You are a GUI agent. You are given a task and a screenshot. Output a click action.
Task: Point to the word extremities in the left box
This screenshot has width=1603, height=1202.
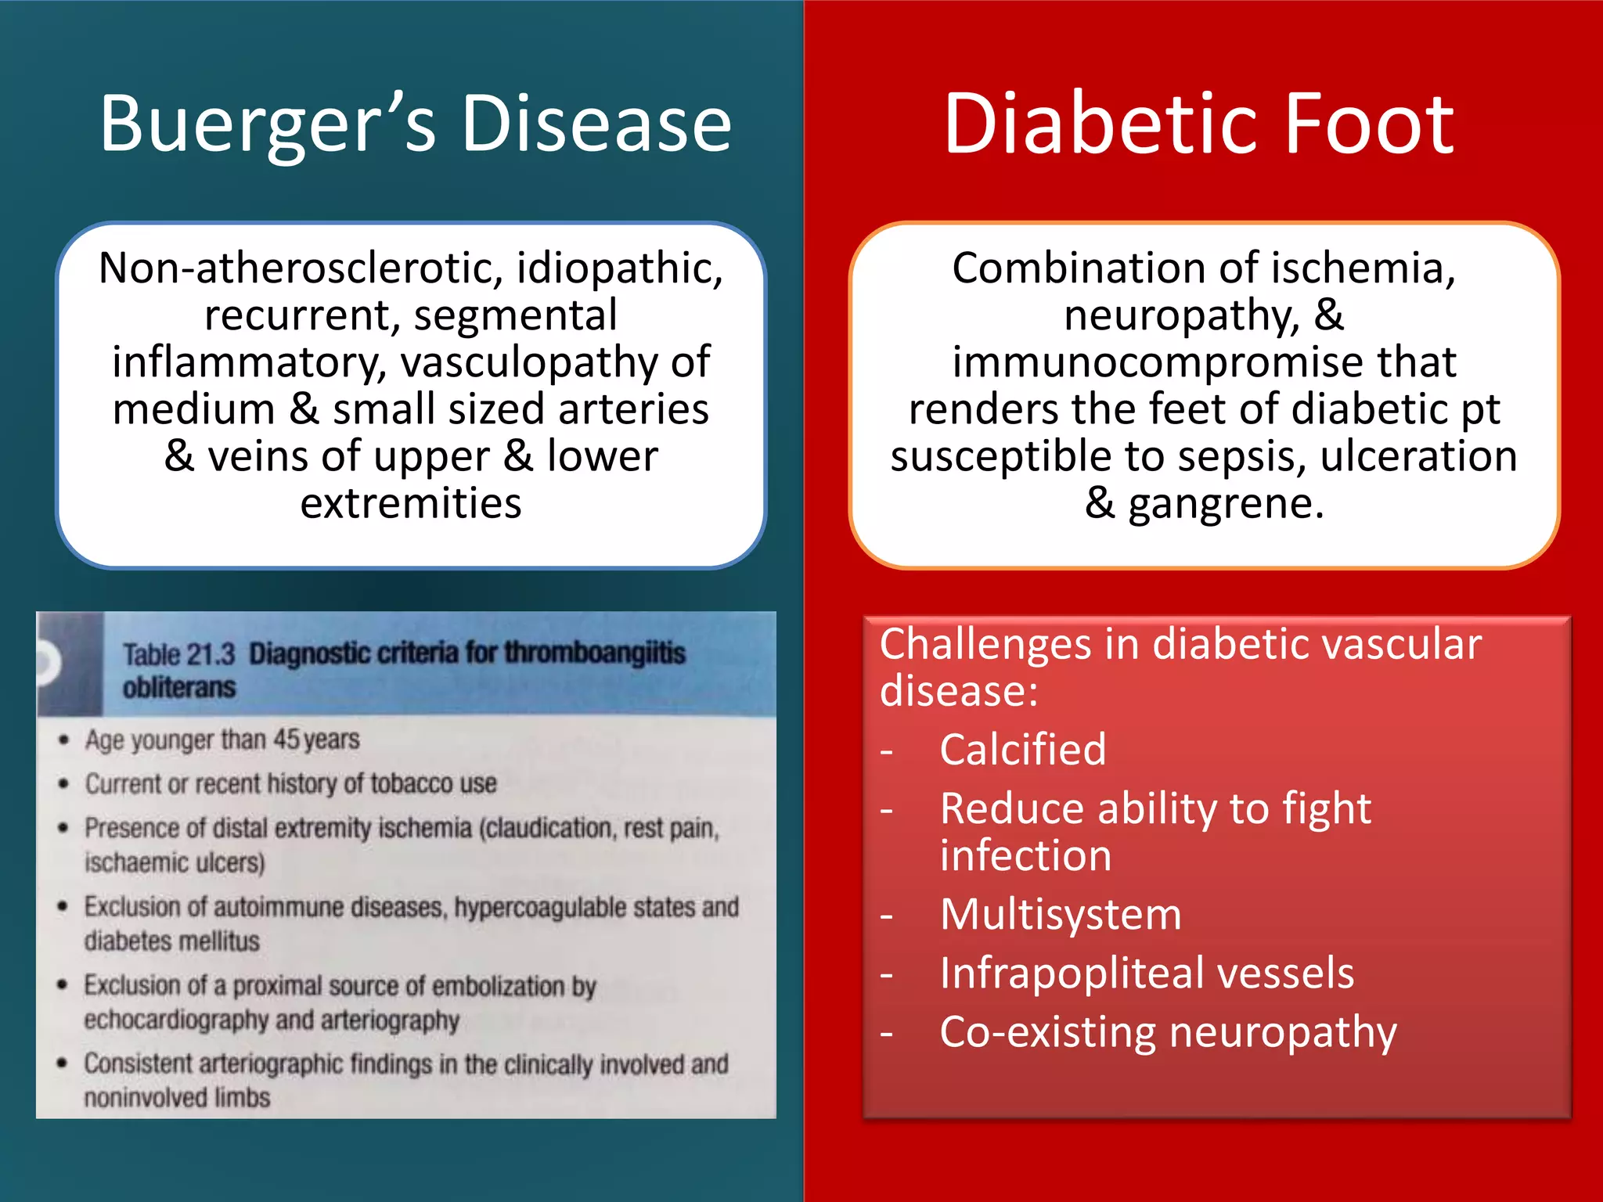point(411,503)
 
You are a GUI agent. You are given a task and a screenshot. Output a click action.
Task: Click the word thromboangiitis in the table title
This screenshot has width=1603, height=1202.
point(595,653)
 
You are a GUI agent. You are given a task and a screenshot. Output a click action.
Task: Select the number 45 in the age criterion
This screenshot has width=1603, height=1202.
point(286,740)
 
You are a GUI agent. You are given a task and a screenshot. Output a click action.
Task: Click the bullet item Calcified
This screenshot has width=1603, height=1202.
point(1022,750)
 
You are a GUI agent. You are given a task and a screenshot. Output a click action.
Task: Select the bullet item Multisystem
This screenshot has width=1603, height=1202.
point(1061,914)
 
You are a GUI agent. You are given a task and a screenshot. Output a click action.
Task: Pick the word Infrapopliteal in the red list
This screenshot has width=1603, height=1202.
point(1070,974)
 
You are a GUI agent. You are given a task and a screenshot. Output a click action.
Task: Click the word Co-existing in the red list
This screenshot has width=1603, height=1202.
point(1047,1033)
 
